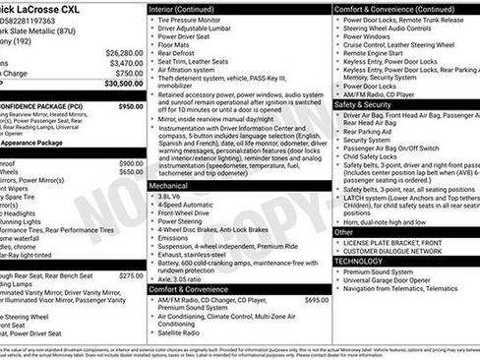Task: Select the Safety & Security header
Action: (363, 104)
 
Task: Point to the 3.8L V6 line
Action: (177, 195)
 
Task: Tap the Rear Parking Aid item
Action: (366, 131)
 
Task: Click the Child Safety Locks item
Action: (371, 156)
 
